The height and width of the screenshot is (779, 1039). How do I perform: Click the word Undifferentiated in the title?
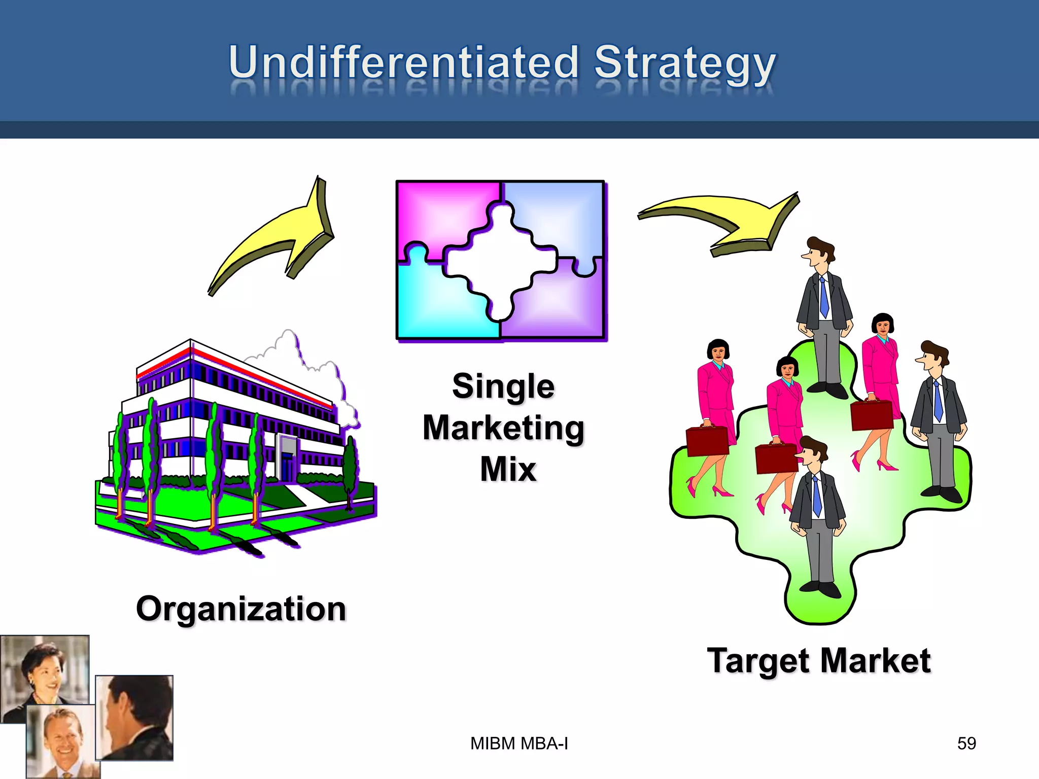pyautogui.click(x=403, y=63)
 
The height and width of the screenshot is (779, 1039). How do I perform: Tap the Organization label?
pyautogui.click(x=241, y=609)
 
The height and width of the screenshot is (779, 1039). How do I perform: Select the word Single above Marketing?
pyautogui.click(x=503, y=386)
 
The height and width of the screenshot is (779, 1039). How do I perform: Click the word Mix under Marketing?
pyautogui.click(x=508, y=469)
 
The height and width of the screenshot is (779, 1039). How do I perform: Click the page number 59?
pyautogui.click(x=966, y=743)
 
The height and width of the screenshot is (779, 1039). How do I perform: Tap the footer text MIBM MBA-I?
pyautogui.click(x=519, y=743)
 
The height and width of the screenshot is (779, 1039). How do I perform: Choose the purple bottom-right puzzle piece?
pyautogui.click(x=563, y=304)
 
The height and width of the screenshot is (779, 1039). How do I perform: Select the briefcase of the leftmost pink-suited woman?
pyautogui.click(x=707, y=441)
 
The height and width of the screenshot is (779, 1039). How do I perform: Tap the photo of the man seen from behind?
pyautogui.click(x=134, y=718)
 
